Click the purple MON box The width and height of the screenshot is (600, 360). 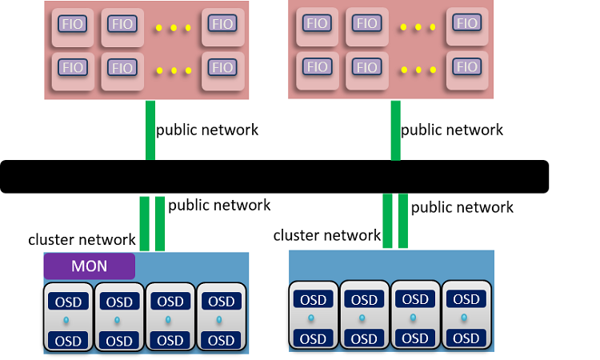pos(89,266)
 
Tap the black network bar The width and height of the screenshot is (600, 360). pos(274,177)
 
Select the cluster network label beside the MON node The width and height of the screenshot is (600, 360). pos(82,238)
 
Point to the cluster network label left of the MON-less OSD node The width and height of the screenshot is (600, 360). pos(326,235)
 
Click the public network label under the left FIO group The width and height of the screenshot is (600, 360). pos(207,130)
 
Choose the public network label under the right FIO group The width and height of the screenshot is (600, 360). pos(452,130)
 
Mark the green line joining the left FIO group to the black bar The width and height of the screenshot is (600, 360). pos(150,130)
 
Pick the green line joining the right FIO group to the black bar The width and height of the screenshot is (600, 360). pos(395,130)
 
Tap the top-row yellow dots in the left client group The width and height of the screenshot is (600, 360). pos(173,28)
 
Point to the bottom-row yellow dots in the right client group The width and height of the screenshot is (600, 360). pos(418,70)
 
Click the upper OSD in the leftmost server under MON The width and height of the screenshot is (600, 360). pos(68,302)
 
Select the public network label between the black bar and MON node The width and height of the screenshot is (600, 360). pos(219,205)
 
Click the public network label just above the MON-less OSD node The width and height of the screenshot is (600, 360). pos(462,207)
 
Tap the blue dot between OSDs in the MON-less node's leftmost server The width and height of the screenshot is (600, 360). pos(313,319)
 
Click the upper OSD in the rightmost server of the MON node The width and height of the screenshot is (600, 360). pos(222,302)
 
